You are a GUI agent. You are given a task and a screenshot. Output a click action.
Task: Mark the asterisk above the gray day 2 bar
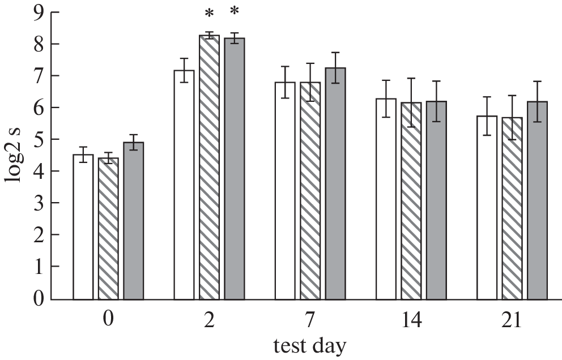[235, 12]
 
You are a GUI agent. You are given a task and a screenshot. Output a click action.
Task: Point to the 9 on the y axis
[39, 12]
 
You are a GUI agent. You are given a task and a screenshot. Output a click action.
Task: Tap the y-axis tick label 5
[39, 139]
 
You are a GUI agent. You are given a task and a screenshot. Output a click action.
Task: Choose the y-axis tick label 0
[39, 298]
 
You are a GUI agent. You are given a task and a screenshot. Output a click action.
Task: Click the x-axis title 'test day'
[309, 345]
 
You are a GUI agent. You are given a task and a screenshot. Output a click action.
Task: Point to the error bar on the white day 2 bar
[184, 70]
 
